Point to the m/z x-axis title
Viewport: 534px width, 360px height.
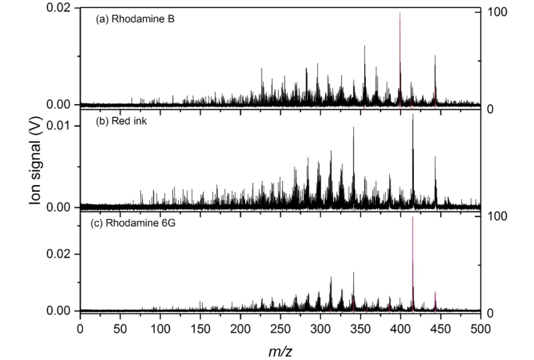point(280,349)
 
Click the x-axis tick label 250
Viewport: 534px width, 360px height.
point(280,328)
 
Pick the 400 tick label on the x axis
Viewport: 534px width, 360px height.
point(400,328)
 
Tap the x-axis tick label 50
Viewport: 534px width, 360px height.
point(119,328)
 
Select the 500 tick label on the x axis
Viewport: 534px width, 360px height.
point(479,328)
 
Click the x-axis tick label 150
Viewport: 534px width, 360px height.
point(200,328)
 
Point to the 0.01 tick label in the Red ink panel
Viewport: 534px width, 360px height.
point(59,126)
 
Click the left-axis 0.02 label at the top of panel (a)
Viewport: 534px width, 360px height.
point(59,8)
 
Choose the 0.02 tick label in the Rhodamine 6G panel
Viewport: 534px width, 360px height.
point(59,254)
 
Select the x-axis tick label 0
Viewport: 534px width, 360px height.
point(80,328)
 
